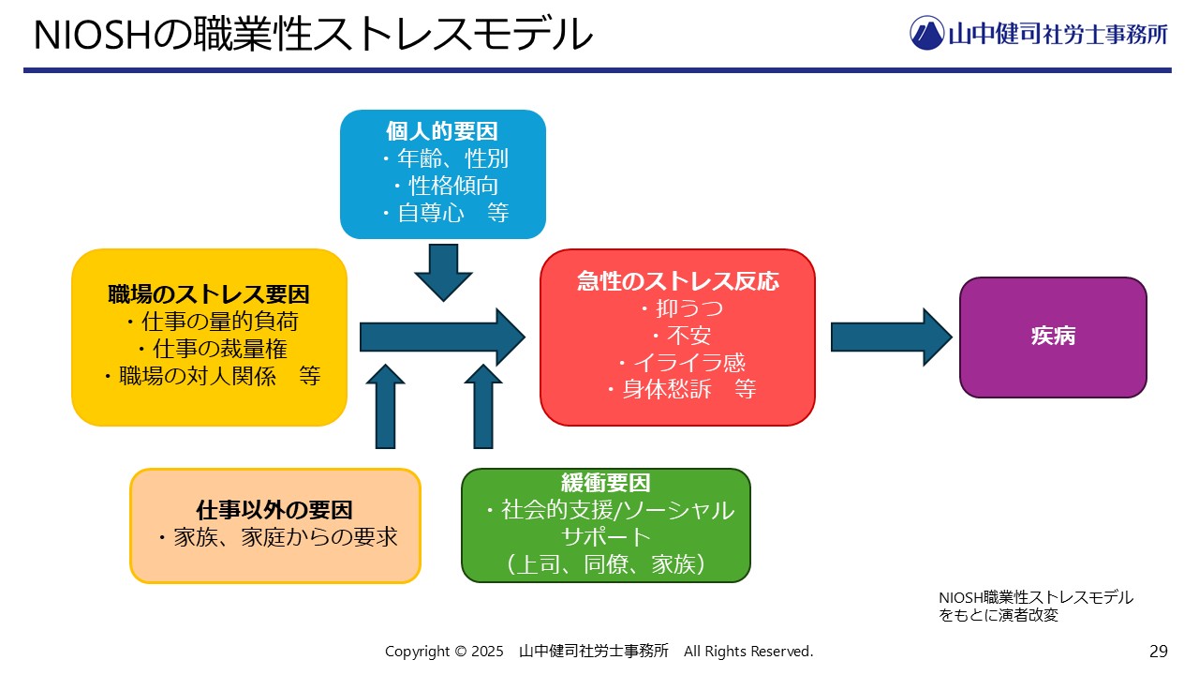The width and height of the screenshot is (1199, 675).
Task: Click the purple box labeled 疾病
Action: click(1053, 337)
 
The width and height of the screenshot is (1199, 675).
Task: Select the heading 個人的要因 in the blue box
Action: click(442, 131)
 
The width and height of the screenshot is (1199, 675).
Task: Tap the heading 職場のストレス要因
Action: click(209, 294)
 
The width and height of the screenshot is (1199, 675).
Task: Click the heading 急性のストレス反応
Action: click(677, 281)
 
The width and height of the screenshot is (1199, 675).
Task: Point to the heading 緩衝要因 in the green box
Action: click(606, 483)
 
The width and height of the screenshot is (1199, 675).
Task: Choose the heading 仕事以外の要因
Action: click(274, 510)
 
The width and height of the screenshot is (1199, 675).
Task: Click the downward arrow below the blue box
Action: click(443, 273)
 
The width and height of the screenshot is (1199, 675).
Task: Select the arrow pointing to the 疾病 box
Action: click(891, 337)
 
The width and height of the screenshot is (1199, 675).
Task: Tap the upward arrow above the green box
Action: click(483, 407)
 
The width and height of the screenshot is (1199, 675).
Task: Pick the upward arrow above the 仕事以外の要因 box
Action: click(385, 407)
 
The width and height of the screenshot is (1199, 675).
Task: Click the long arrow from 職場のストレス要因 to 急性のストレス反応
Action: click(442, 337)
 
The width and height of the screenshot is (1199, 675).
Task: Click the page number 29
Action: click(1159, 652)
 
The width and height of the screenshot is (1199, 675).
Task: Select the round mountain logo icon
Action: click(926, 33)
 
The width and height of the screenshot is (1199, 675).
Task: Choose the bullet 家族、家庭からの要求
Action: click(278, 537)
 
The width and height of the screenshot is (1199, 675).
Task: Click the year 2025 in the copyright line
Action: click(487, 652)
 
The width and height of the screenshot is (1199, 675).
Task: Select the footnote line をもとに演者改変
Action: click(999, 615)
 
